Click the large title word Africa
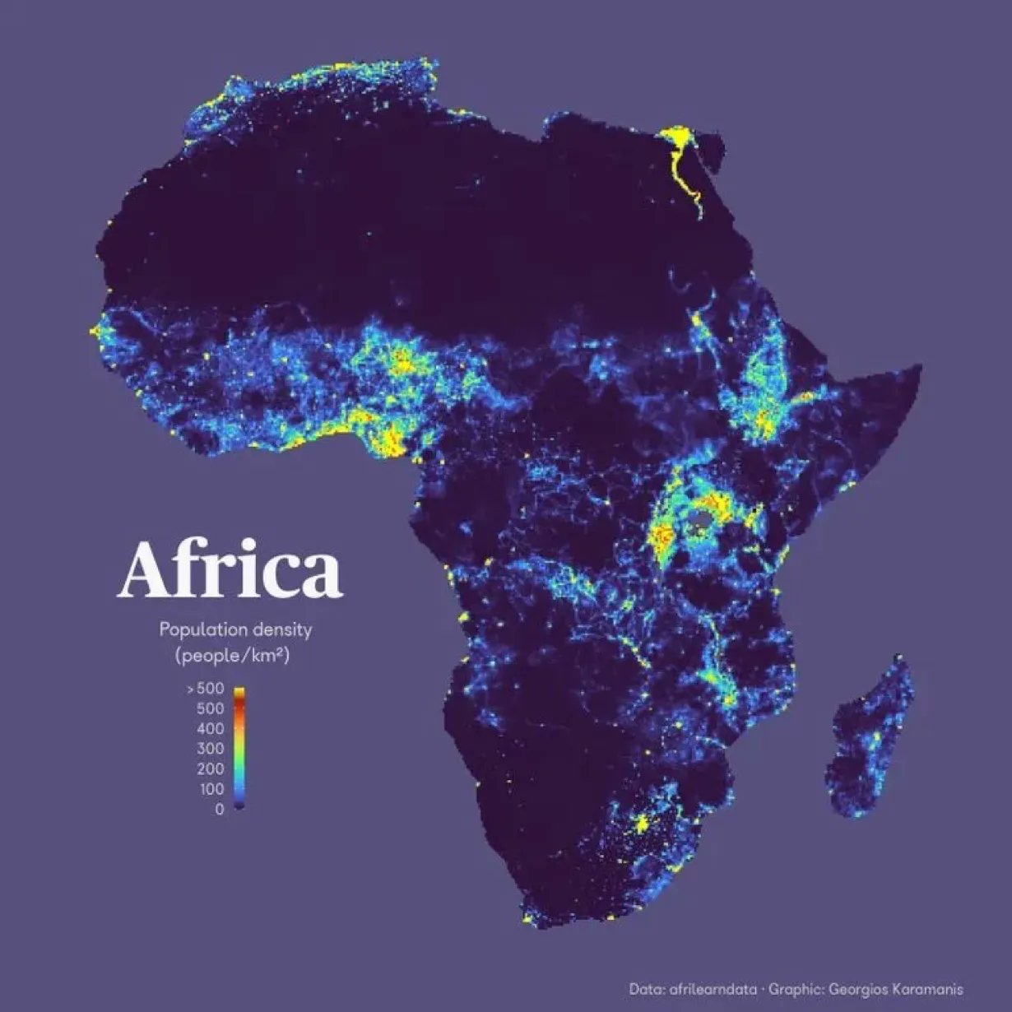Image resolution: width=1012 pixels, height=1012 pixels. coord(230,569)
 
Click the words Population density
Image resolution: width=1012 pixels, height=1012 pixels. coord(235,630)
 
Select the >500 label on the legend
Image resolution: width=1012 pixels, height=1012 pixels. coord(205,689)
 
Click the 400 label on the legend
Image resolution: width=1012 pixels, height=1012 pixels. coord(210,729)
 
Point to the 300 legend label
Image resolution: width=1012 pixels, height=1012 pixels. coord(210,749)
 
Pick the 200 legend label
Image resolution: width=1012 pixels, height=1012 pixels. coord(210,769)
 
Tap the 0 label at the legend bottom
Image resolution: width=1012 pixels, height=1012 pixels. coord(219,810)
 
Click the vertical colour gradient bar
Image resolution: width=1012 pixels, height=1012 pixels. coord(239,748)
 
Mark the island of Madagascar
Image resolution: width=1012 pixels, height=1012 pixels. coord(872,740)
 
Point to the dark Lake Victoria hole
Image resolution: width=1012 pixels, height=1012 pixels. coord(701,521)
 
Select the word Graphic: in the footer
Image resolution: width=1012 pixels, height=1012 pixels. coord(793,989)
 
